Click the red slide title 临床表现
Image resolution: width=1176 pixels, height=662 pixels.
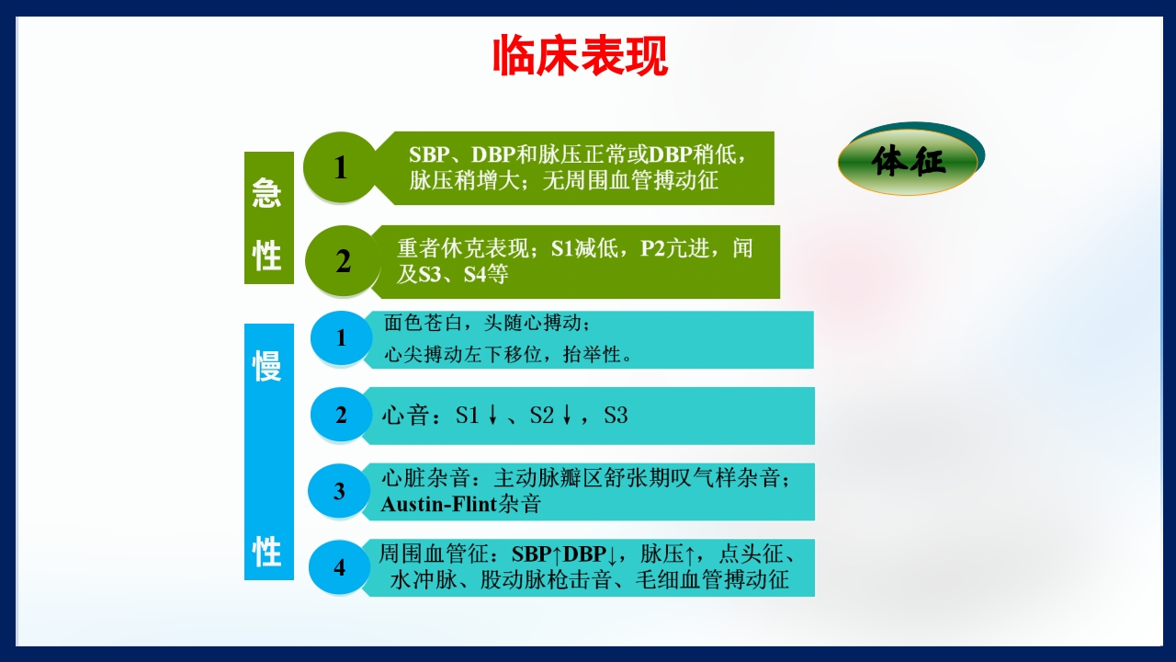(x=580, y=57)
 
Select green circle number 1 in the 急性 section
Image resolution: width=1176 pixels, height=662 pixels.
(x=341, y=167)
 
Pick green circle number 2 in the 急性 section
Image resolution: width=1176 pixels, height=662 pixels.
(x=343, y=261)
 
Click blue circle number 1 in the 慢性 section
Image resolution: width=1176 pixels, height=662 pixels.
(x=341, y=338)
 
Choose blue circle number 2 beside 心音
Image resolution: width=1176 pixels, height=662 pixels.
(x=341, y=415)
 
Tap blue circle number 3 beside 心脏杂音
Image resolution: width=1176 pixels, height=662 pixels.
(x=339, y=491)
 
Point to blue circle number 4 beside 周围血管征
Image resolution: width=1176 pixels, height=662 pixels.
(x=339, y=567)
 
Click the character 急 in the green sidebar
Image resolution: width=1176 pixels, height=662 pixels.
(x=267, y=192)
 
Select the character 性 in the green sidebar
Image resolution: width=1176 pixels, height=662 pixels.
(x=267, y=255)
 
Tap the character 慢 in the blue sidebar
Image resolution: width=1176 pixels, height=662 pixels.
(x=267, y=365)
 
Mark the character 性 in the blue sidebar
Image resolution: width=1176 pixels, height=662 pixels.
(x=267, y=553)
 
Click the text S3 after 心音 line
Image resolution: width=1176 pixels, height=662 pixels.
(x=616, y=416)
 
